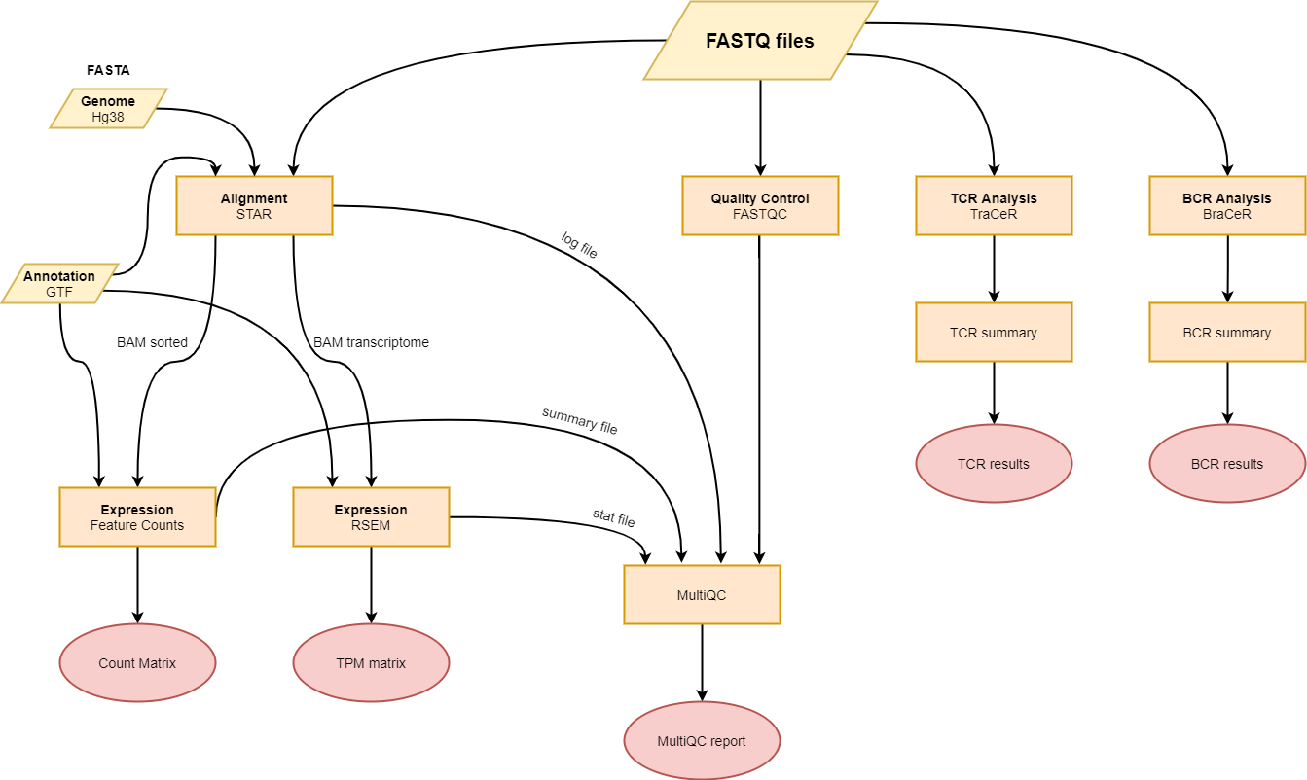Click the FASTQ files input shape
[760, 41]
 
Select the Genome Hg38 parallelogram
[108, 108]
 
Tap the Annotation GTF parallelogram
[59, 283]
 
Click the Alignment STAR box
[254, 205]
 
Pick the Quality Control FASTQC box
[760, 205]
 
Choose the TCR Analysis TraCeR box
[994, 205]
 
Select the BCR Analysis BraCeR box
[1227, 205]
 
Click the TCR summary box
[994, 333]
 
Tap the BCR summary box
[1227, 333]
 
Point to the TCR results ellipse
[994, 464]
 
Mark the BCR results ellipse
[1227, 464]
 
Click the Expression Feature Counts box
[137, 516]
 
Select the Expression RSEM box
[371, 516]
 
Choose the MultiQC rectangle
[702, 595]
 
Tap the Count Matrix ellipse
[137, 663]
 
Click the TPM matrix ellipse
[371, 663]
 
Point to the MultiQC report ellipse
[702, 741]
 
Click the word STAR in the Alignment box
[254, 214]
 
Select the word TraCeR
[994, 214]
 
